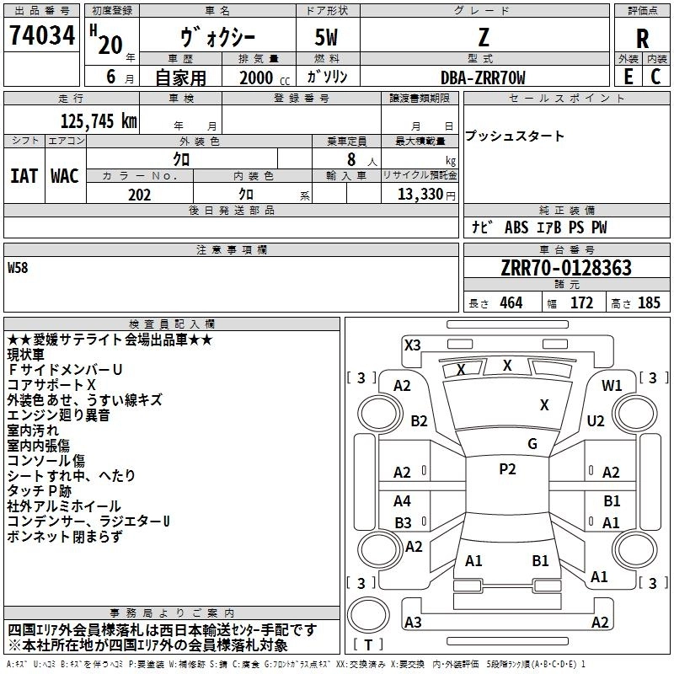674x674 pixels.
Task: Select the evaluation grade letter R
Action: point(642,39)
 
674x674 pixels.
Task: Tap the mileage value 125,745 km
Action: point(99,121)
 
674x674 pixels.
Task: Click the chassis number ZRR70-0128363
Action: point(565,268)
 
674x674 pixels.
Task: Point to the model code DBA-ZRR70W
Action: point(483,78)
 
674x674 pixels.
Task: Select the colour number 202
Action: point(139,195)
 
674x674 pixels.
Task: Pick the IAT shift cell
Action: point(24,175)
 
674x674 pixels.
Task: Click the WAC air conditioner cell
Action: point(65,175)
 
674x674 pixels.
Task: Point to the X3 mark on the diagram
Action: point(412,345)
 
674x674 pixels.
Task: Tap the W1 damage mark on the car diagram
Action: point(612,385)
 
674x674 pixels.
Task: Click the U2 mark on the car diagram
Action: point(596,420)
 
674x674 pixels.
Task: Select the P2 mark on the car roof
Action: point(507,469)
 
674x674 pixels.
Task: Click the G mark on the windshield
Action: point(532,444)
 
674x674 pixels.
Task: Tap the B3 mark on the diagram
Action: point(403,522)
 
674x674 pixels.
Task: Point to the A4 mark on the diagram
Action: point(403,501)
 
